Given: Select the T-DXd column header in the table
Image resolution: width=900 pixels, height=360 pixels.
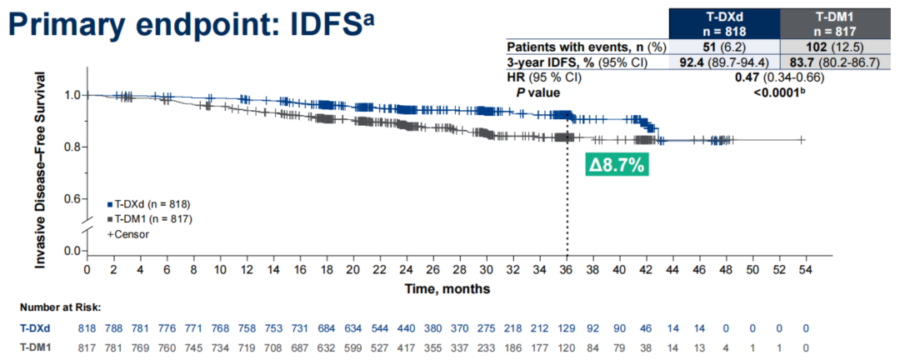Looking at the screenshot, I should pos(725,19).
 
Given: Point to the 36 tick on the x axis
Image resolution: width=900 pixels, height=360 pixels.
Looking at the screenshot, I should pos(567,271).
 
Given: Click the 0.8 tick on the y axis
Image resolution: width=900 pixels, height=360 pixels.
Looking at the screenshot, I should pos(72,147).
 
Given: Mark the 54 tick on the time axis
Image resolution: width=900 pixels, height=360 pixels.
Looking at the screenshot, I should pos(806,271).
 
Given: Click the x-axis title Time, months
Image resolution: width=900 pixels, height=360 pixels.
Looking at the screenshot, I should pos(447,288).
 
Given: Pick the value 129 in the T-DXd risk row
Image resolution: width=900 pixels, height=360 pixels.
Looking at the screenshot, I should pos(567,327).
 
